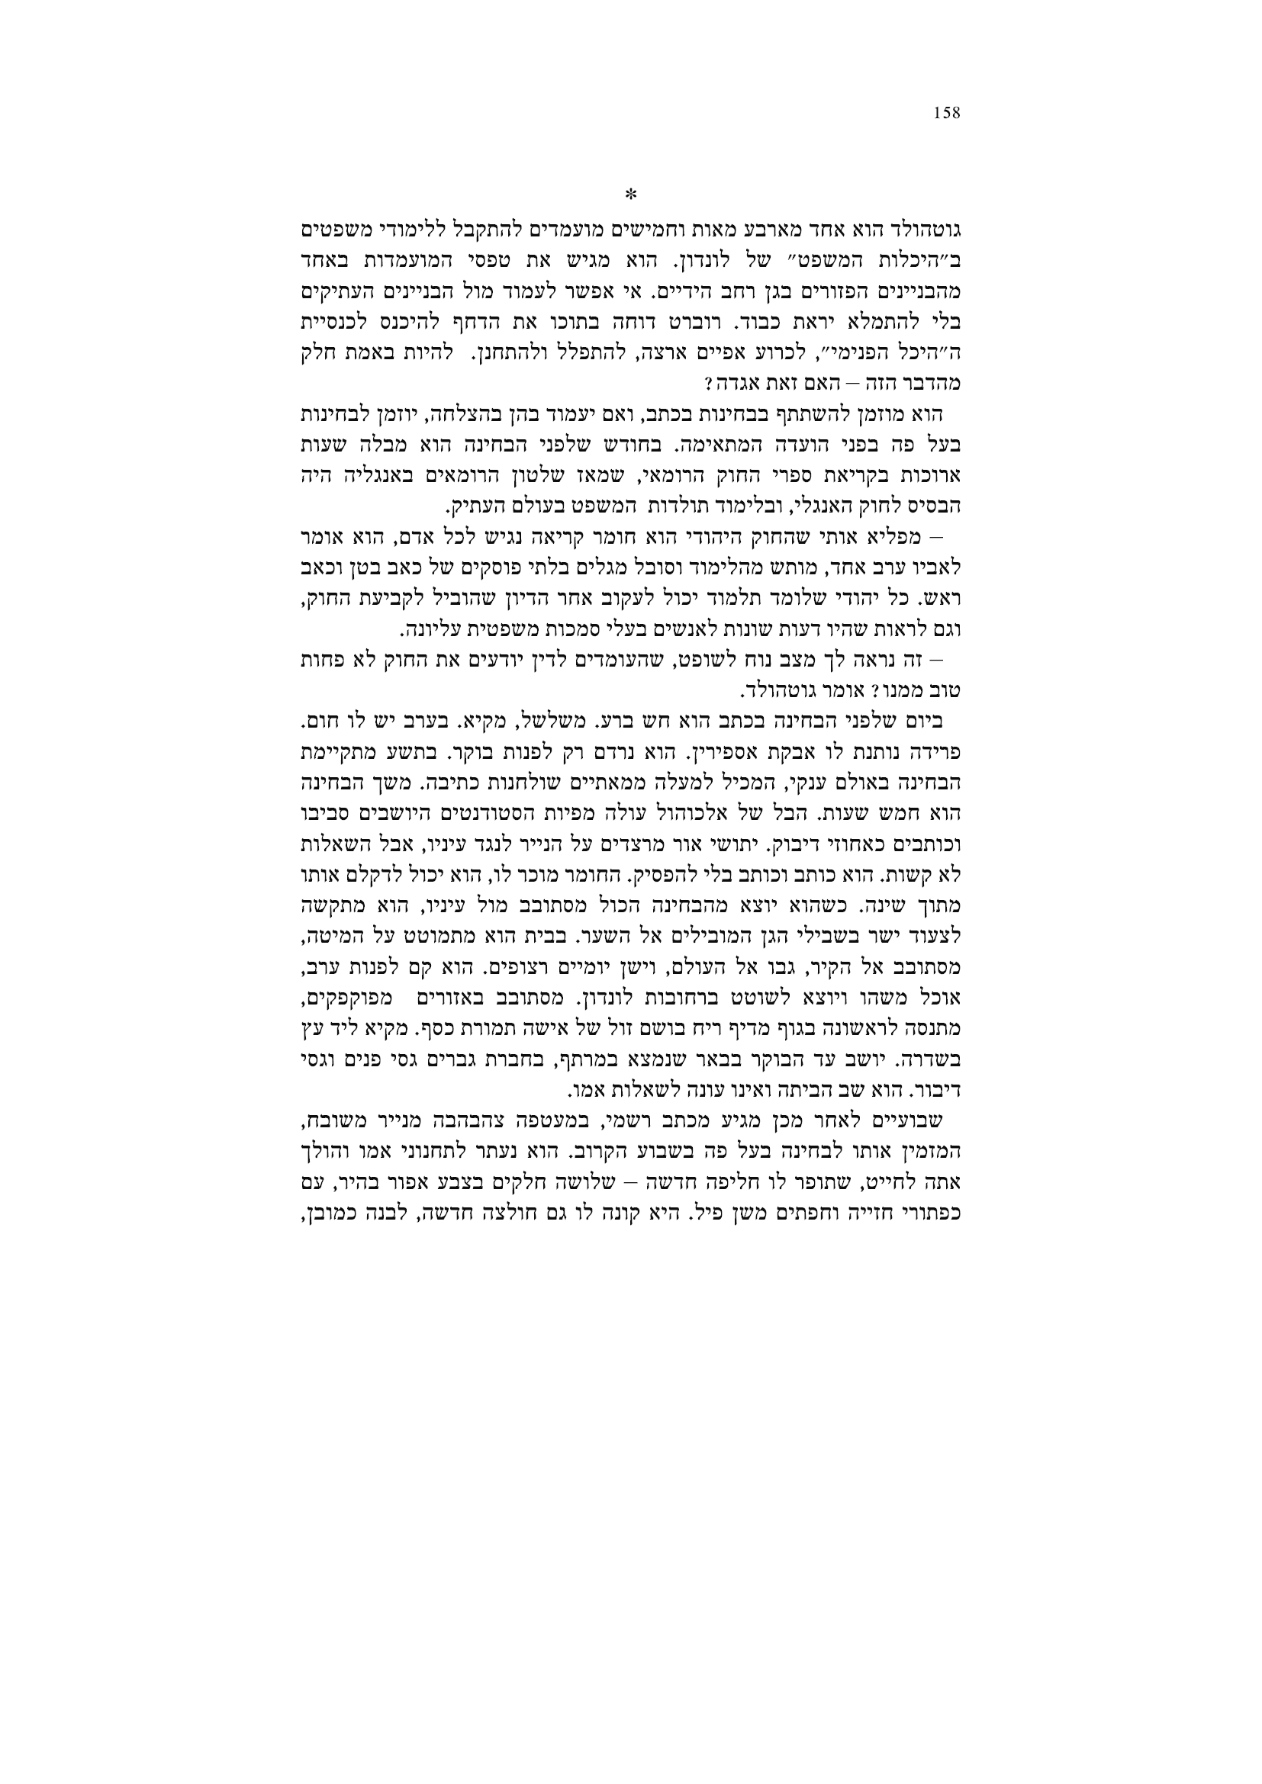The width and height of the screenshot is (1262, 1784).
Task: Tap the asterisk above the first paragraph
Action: click(x=631, y=193)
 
